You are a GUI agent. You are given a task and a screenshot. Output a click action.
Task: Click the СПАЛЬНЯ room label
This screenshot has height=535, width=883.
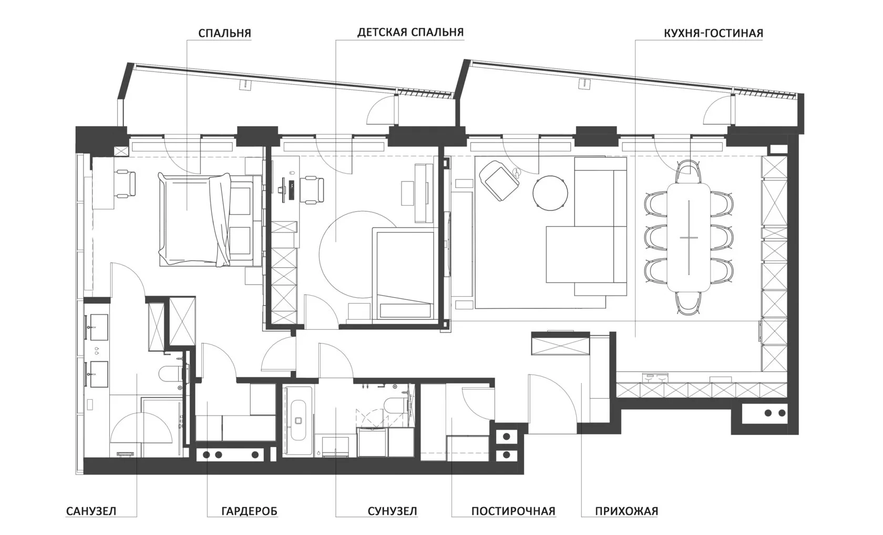tap(224, 33)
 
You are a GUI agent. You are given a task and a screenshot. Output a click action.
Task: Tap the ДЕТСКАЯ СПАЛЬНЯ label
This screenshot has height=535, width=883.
tap(410, 33)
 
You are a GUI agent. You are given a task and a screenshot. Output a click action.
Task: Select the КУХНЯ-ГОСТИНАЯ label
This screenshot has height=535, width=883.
tap(714, 33)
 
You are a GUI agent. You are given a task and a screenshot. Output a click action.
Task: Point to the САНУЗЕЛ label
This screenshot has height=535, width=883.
tap(91, 511)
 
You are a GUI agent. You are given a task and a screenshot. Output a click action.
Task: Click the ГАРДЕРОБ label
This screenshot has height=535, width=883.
tap(250, 511)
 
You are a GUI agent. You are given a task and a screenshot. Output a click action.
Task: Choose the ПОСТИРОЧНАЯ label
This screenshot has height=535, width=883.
tap(513, 511)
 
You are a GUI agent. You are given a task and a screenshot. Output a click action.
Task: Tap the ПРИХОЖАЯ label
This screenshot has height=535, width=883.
tap(627, 511)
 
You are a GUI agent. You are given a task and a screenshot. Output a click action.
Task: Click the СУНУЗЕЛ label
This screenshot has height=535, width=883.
tap(392, 511)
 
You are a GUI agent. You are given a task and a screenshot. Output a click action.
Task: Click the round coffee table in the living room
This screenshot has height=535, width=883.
tap(550, 193)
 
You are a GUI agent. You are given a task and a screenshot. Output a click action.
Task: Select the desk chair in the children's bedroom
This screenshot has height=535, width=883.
tap(312, 190)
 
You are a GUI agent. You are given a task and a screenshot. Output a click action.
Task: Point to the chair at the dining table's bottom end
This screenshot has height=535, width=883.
tap(689, 303)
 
